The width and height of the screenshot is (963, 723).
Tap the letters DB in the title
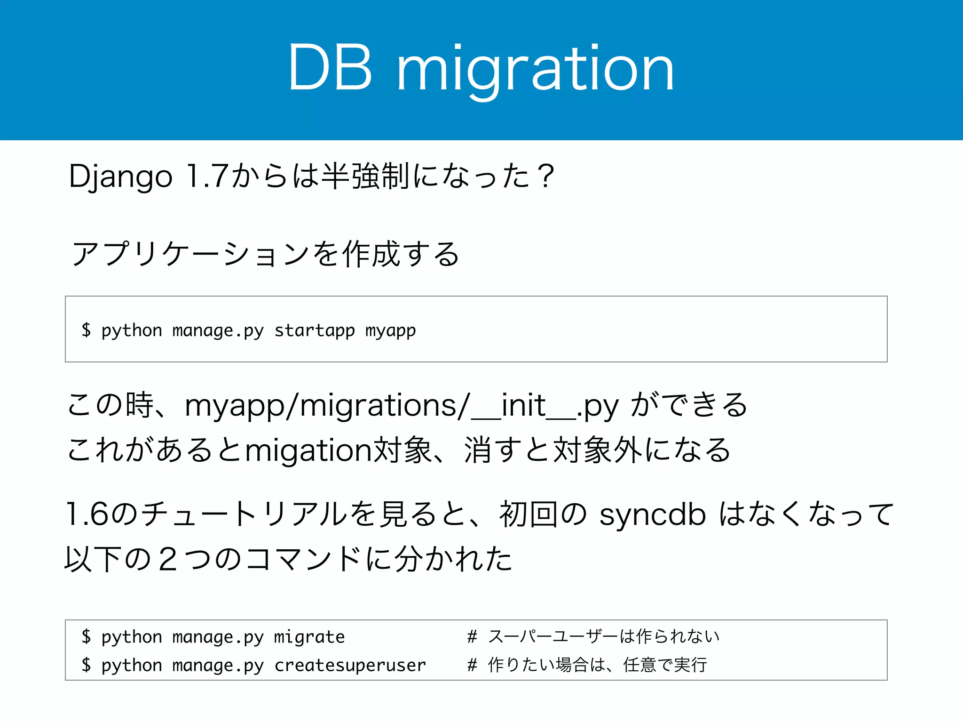[331, 68]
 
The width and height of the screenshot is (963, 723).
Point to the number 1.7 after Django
[207, 177]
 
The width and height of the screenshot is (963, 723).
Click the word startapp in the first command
[314, 330]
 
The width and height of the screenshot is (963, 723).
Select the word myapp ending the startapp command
[390, 330]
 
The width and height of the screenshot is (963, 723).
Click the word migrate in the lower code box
[309, 637]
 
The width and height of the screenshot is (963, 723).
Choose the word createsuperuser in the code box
[350, 665]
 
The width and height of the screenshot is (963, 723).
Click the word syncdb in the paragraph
[653, 514]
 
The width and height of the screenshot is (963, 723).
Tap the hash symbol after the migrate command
[472, 637]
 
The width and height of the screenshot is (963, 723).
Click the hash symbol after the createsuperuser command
[472, 665]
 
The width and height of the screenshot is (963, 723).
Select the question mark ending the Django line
[546, 177]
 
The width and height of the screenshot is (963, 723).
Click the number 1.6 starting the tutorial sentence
[87, 514]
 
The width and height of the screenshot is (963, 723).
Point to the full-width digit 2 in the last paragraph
[168, 560]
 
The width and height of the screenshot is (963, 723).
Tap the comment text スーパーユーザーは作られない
[604, 636]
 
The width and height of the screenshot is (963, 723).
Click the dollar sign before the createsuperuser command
[86, 665]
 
